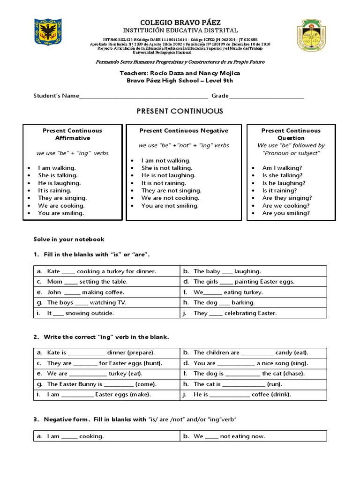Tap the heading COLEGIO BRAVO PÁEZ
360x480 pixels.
click(x=180, y=22)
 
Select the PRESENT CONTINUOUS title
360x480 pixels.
click(x=180, y=111)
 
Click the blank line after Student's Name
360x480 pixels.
click(x=143, y=96)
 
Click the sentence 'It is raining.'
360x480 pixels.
click(x=55, y=191)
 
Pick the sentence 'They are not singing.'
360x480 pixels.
click(x=171, y=191)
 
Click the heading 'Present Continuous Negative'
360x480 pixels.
click(x=184, y=131)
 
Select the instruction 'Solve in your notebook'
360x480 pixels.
click(x=68, y=240)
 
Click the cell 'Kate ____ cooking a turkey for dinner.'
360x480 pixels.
click(x=101, y=271)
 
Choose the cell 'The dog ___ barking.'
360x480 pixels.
click(x=224, y=303)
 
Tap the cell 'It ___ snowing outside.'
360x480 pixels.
click(x=80, y=313)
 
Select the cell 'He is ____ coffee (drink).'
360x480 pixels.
click(x=242, y=395)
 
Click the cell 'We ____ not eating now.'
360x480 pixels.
click(x=229, y=436)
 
